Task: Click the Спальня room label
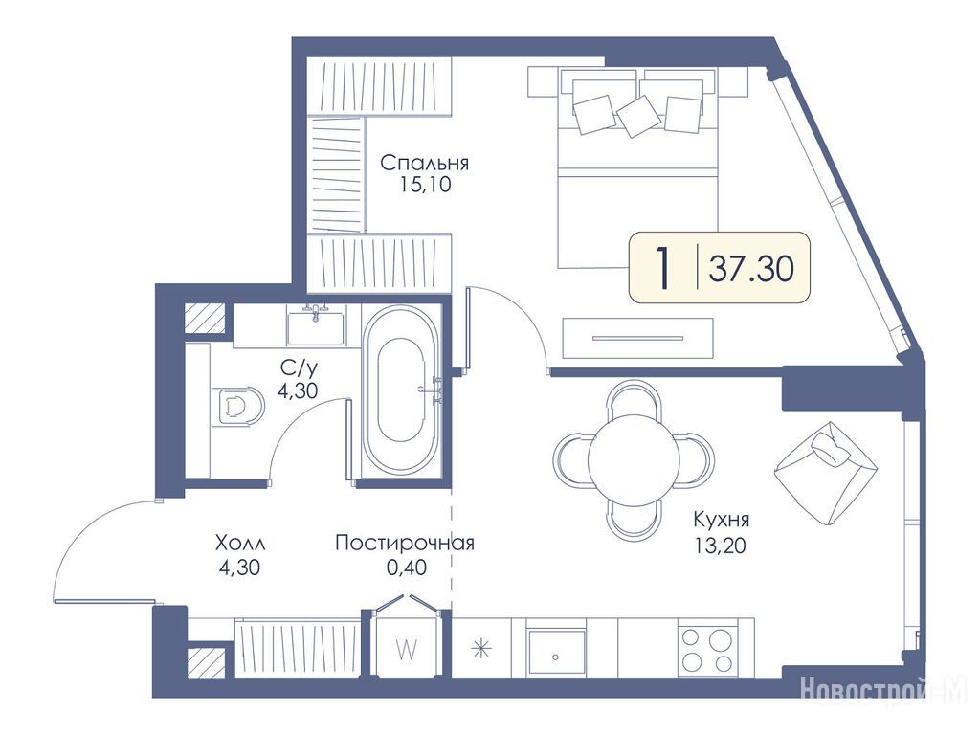click(x=424, y=164)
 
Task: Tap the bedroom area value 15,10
click(x=424, y=186)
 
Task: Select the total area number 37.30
click(x=752, y=268)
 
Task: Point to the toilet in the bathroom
click(x=236, y=406)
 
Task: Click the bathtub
click(x=402, y=392)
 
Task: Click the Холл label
click(x=240, y=544)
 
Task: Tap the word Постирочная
click(x=405, y=543)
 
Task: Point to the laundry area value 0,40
click(x=407, y=567)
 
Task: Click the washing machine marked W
click(x=407, y=647)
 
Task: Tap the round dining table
click(x=634, y=458)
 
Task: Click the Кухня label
click(x=721, y=520)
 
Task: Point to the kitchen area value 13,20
click(x=720, y=546)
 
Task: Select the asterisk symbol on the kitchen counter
click(x=481, y=649)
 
